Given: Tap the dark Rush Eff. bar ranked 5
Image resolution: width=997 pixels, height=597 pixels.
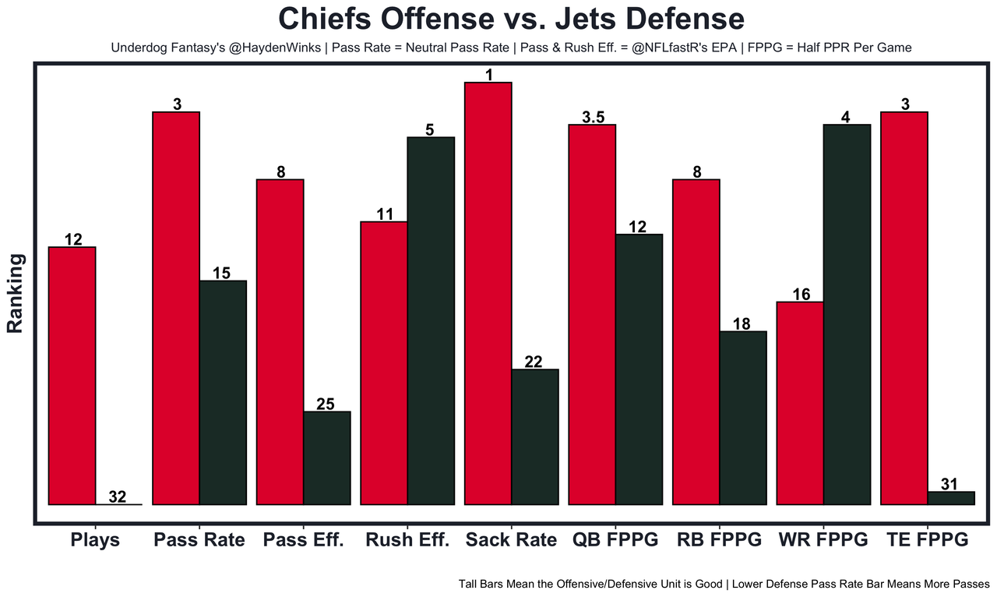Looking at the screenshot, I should click(431, 320).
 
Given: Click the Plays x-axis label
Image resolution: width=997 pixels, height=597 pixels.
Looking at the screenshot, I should click(95, 540).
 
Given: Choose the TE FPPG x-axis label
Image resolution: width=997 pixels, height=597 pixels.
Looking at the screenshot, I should click(927, 540).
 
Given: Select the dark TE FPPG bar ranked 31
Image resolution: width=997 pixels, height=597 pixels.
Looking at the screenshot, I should click(951, 498).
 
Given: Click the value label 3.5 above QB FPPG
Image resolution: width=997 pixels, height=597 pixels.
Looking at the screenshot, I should click(593, 118).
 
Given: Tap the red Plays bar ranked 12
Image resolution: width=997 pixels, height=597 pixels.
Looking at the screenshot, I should click(72, 376).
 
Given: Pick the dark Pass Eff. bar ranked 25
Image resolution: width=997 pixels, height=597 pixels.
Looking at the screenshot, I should click(327, 457).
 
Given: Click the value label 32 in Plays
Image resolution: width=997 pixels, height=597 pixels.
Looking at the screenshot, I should click(118, 496).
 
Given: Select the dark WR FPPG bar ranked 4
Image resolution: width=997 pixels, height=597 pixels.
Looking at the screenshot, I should click(847, 314).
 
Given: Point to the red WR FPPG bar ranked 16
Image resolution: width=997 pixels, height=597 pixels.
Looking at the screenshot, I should click(801, 403).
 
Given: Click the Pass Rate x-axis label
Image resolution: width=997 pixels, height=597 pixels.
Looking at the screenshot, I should click(199, 540).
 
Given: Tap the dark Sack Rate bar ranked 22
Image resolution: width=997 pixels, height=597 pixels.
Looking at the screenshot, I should click(535, 436).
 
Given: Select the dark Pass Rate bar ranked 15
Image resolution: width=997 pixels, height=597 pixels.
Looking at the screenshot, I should click(223, 392).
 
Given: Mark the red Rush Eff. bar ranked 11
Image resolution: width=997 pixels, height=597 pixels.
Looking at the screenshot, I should click(383, 363).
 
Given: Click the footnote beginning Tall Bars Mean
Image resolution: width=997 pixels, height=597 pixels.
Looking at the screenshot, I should click(724, 583).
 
